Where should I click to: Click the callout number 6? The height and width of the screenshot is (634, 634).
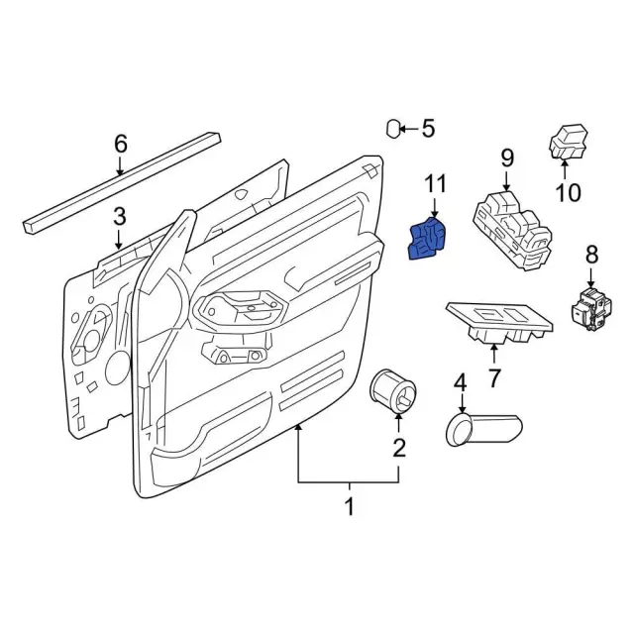[x=121, y=145]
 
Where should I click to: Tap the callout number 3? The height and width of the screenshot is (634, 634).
[x=119, y=216]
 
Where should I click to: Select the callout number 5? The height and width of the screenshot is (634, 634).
[x=428, y=128]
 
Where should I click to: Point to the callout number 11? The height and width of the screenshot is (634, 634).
[x=437, y=183]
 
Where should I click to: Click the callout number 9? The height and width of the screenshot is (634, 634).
[x=506, y=157]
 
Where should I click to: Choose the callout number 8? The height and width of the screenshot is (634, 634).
[x=592, y=255]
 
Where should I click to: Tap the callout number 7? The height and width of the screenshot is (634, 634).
[x=493, y=376]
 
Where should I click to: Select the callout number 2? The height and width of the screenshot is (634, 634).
[x=399, y=447]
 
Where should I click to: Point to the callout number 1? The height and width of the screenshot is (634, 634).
[x=349, y=507]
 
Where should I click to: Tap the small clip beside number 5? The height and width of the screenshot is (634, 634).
[x=393, y=128]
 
